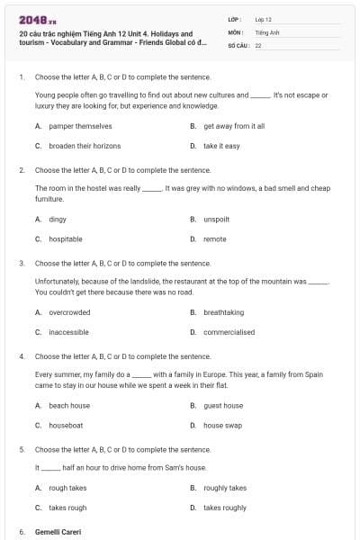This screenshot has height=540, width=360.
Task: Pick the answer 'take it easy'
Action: tap(221, 145)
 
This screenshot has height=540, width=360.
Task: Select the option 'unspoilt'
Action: tap(217, 219)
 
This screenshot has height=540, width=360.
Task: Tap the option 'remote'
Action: tap(215, 238)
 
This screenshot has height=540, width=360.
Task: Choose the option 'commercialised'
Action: tap(229, 332)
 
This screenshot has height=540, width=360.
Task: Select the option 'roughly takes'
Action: tap(225, 488)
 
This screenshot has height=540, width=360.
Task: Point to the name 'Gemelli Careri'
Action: tap(58, 532)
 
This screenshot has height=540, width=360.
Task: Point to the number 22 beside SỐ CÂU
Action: tap(258, 44)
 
